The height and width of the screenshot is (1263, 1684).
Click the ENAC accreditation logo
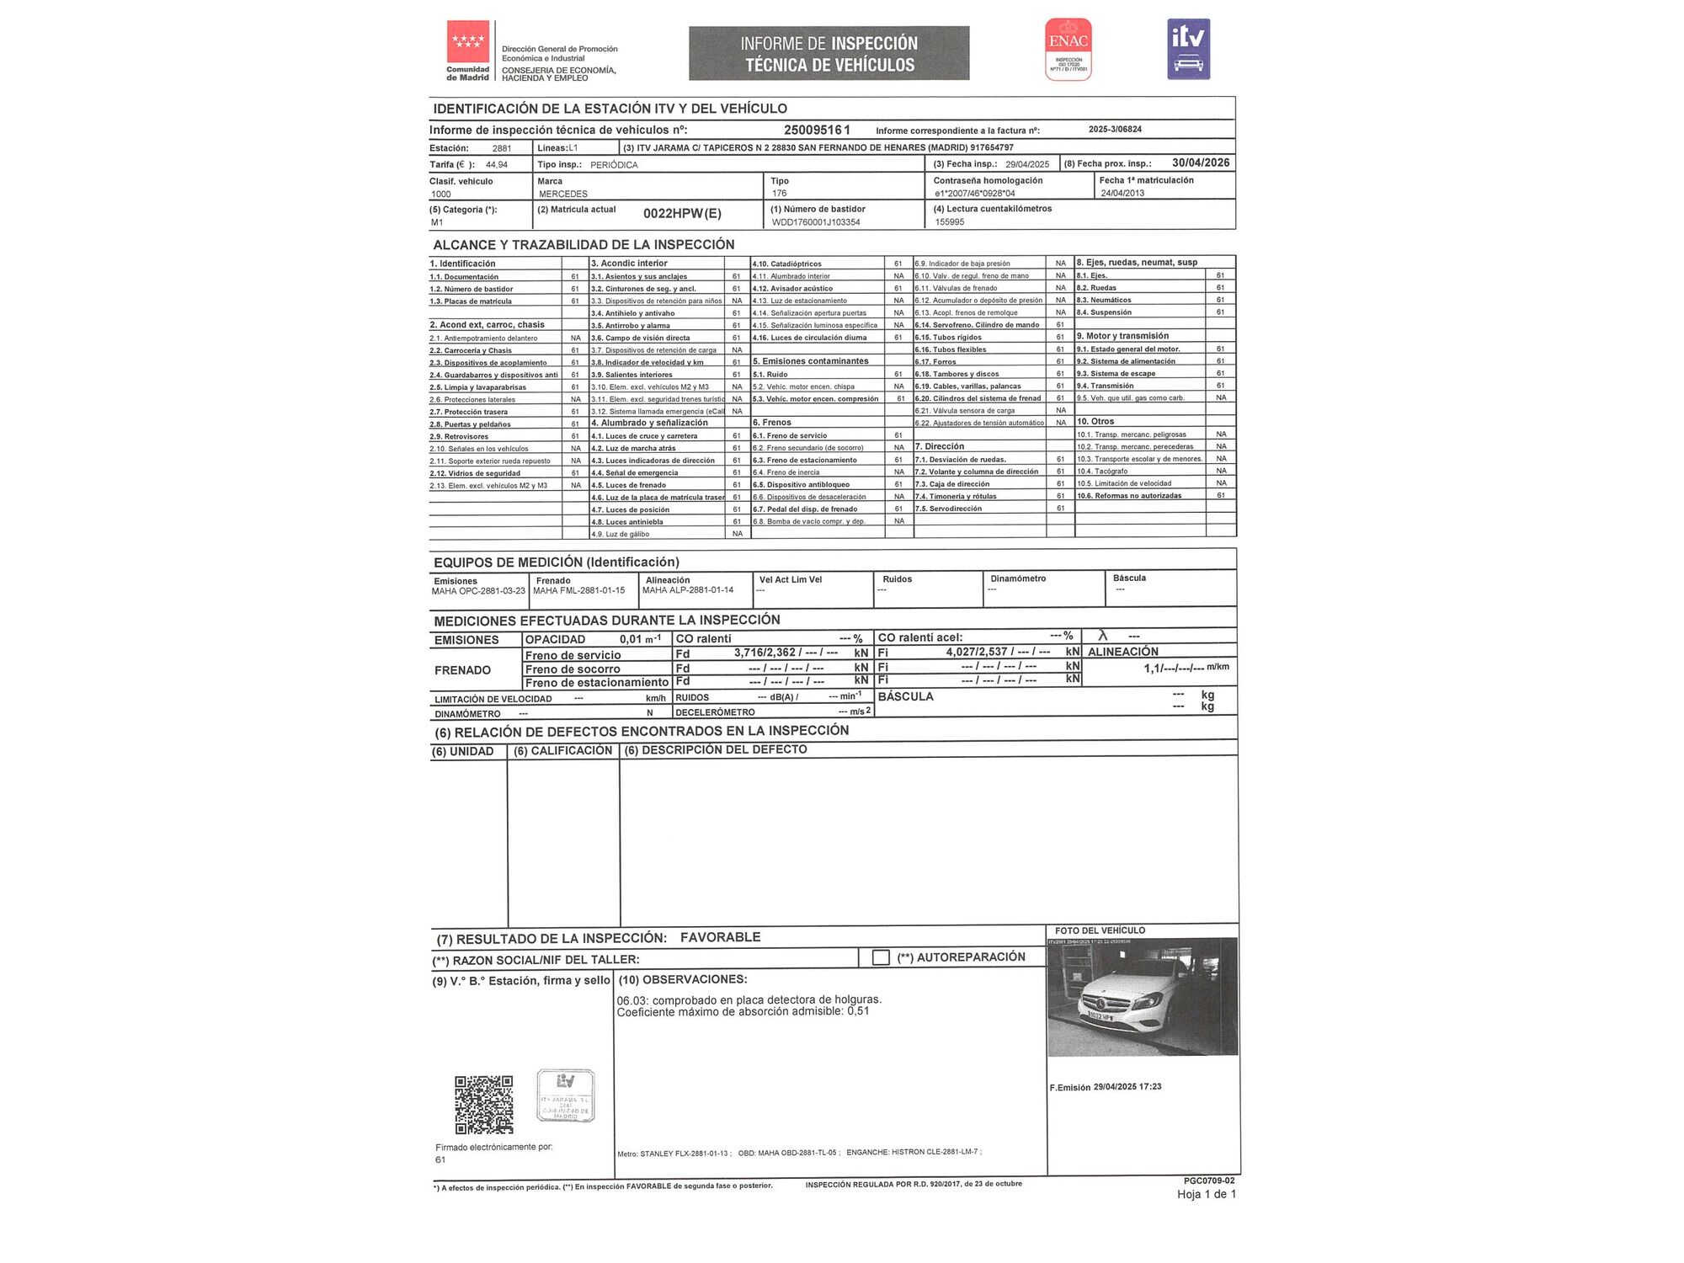click(1068, 49)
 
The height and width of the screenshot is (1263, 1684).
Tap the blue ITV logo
click(1188, 49)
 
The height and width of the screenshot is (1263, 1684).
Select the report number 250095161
click(817, 130)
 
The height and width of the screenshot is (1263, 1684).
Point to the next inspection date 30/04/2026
click(1200, 163)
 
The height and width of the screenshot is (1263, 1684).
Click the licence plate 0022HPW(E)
click(682, 213)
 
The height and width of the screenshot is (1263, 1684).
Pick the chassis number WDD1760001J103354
click(816, 222)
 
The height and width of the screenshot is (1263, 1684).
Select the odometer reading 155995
click(950, 222)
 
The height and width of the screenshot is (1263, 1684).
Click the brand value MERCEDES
click(563, 194)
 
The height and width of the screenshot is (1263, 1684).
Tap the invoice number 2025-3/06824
click(1115, 130)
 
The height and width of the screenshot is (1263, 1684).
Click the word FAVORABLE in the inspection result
click(720, 937)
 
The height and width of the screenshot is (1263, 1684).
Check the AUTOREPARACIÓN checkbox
click(881, 957)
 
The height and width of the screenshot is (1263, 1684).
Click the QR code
click(484, 1104)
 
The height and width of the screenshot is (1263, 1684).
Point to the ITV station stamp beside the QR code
click(565, 1095)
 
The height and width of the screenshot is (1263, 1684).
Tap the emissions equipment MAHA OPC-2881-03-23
click(478, 591)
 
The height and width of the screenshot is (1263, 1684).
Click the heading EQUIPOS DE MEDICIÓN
click(556, 562)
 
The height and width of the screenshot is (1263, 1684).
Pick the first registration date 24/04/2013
click(1122, 193)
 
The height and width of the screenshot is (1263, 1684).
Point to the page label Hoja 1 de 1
click(1206, 1194)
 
